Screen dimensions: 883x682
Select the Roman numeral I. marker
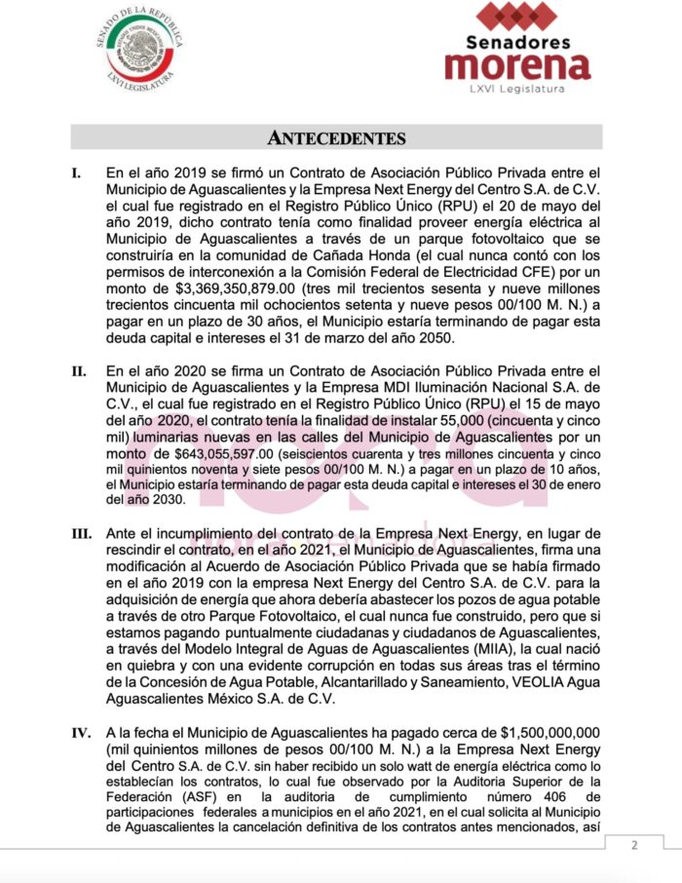point(77,173)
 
